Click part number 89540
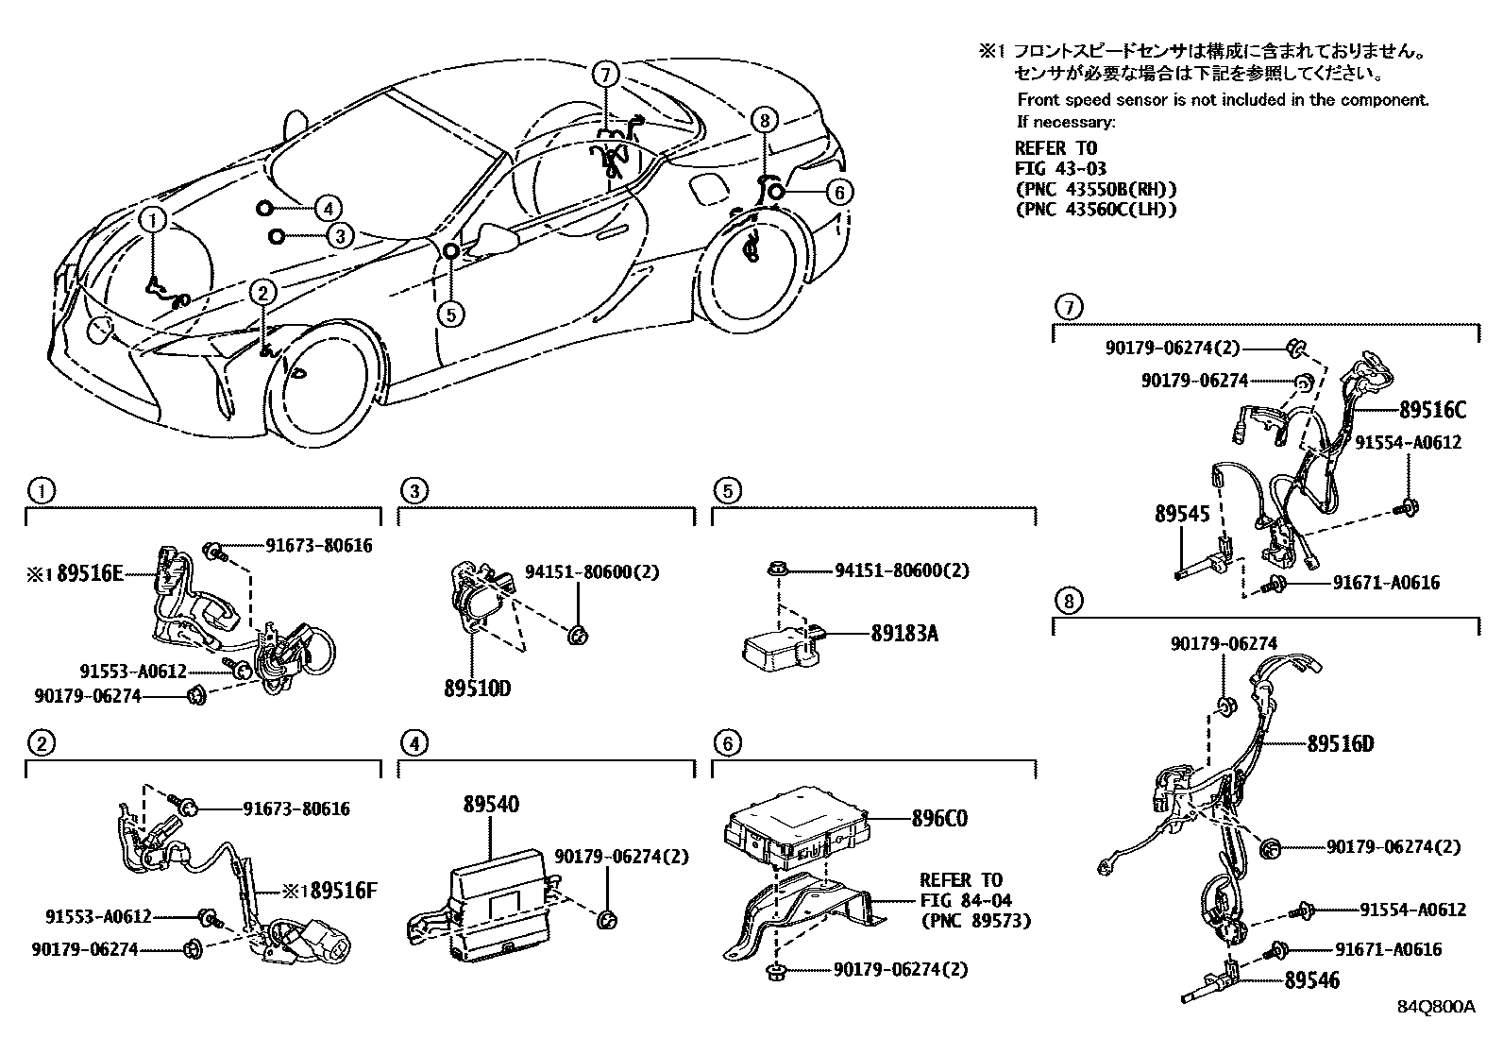click(x=491, y=805)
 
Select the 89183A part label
click(x=903, y=633)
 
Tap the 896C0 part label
click(x=939, y=818)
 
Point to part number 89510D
click(x=477, y=689)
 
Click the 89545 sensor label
click(x=1182, y=514)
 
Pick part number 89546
click(x=1311, y=980)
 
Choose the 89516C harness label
click(x=1432, y=410)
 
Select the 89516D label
click(x=1341, y=743)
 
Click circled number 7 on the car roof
click(x=605, y=73)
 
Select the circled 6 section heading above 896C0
click(x=726, y=743)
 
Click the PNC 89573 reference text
click(x=975, y=921)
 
